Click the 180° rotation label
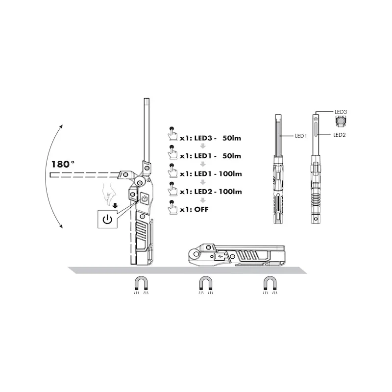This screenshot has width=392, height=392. (63, 164)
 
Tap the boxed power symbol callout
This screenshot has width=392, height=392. (107, 219)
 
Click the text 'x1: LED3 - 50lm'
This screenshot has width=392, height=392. (210, 138)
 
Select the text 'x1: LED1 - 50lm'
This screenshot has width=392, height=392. (210, 156)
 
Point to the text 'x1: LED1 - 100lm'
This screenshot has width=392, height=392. (211, 174)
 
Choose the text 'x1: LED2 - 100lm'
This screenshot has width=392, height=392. (211, 192)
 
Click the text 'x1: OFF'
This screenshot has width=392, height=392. (194, 209)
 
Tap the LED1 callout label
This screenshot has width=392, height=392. (301, 136)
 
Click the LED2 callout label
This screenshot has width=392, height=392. (340, 135)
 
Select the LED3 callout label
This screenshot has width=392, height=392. (341, 112)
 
